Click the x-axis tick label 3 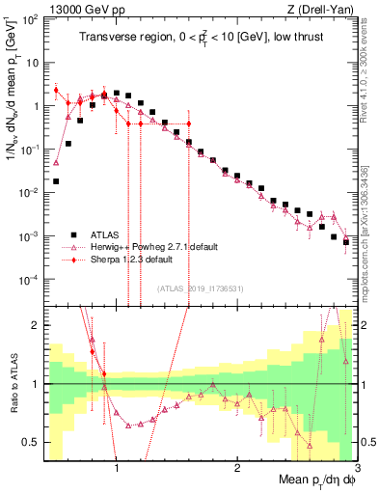click(x=356, y=469)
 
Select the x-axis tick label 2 click(x=236, y=469)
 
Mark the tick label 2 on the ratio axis click(x=34, y=325)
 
